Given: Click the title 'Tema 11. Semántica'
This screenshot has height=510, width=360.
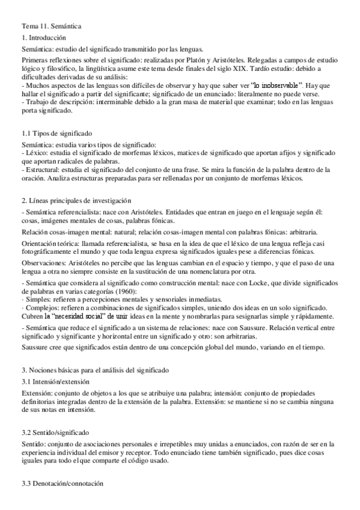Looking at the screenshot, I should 52,26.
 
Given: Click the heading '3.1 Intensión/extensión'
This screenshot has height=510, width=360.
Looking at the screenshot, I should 56,381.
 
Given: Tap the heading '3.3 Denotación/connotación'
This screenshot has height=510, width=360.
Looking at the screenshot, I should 63,483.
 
